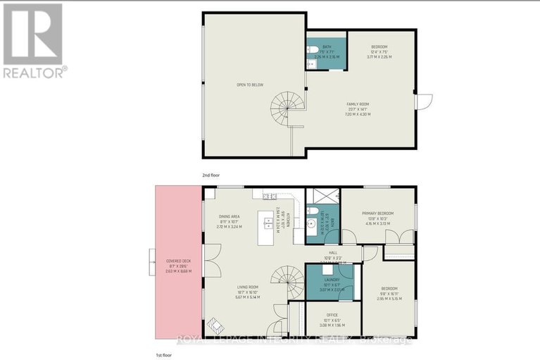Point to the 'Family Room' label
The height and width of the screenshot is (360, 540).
[x=358, y=108]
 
